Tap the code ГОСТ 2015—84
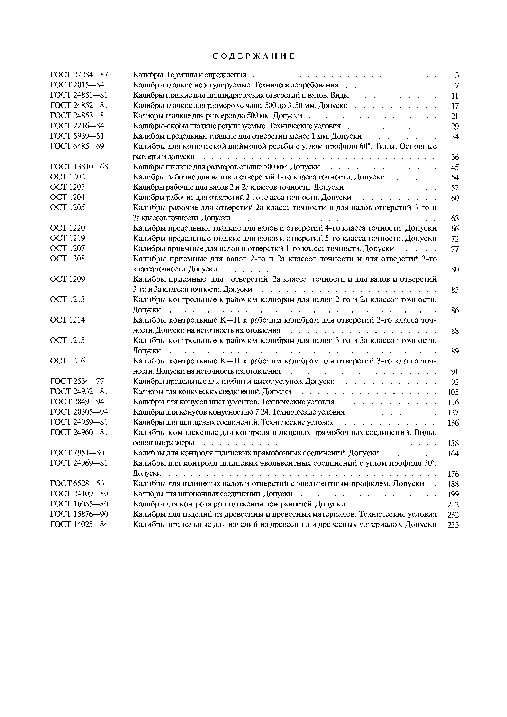tap(77, 85)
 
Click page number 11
tap(455, 96)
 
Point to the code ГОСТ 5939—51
tap(77, 136)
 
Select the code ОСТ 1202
tap(67, 177)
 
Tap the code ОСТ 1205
tap(67, 208)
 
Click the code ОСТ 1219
tap(67, 238)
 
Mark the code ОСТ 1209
tap(67, 279)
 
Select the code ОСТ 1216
tap(67, 361)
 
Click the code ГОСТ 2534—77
tap(77, 381)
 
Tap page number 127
tap(453, 412)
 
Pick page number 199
tap(453, 494)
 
